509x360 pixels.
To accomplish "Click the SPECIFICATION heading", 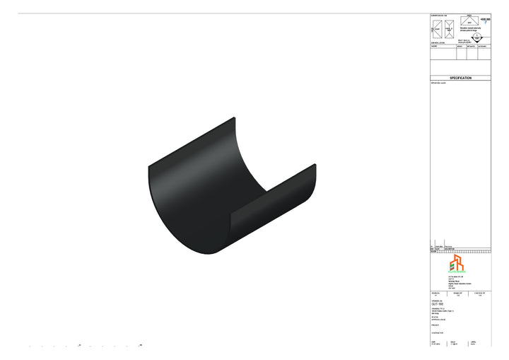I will [x=460, y=78].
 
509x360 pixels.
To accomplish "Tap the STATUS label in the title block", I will [x=434, y=317].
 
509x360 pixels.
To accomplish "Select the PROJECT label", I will [x=435, y=325].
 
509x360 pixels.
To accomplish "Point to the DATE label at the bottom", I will [x=433, y=342].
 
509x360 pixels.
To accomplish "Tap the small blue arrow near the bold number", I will [x=486, y=23].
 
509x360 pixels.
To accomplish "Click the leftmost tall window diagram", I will [x=437, y=28].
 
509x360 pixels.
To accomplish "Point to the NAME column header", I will [x=434, y=47].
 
